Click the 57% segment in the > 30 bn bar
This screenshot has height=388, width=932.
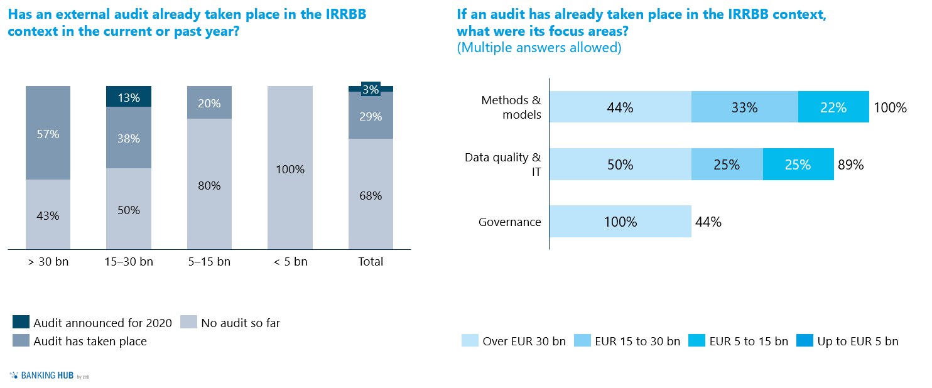48,133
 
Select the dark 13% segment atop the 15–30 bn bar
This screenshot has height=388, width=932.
129,97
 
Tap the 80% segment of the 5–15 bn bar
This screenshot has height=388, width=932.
209,185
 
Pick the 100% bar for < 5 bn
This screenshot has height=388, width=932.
290,168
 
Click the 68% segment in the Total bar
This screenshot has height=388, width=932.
371,195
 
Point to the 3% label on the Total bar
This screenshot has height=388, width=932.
371,90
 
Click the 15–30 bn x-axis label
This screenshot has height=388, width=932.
129,262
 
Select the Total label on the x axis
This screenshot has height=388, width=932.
371,262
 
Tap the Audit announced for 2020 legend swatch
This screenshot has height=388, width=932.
21,323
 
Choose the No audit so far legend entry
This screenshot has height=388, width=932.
230,323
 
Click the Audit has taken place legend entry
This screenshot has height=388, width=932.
80,341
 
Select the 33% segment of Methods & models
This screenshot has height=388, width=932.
744,107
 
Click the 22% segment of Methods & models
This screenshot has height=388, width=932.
833,107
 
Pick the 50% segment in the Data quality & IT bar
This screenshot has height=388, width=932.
620,165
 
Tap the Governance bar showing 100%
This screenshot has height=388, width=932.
620,222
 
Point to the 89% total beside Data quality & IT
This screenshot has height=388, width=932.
850,165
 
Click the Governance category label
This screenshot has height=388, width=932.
509,222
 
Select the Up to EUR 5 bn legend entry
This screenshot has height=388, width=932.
847,341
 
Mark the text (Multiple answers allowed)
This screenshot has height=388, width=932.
539,48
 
